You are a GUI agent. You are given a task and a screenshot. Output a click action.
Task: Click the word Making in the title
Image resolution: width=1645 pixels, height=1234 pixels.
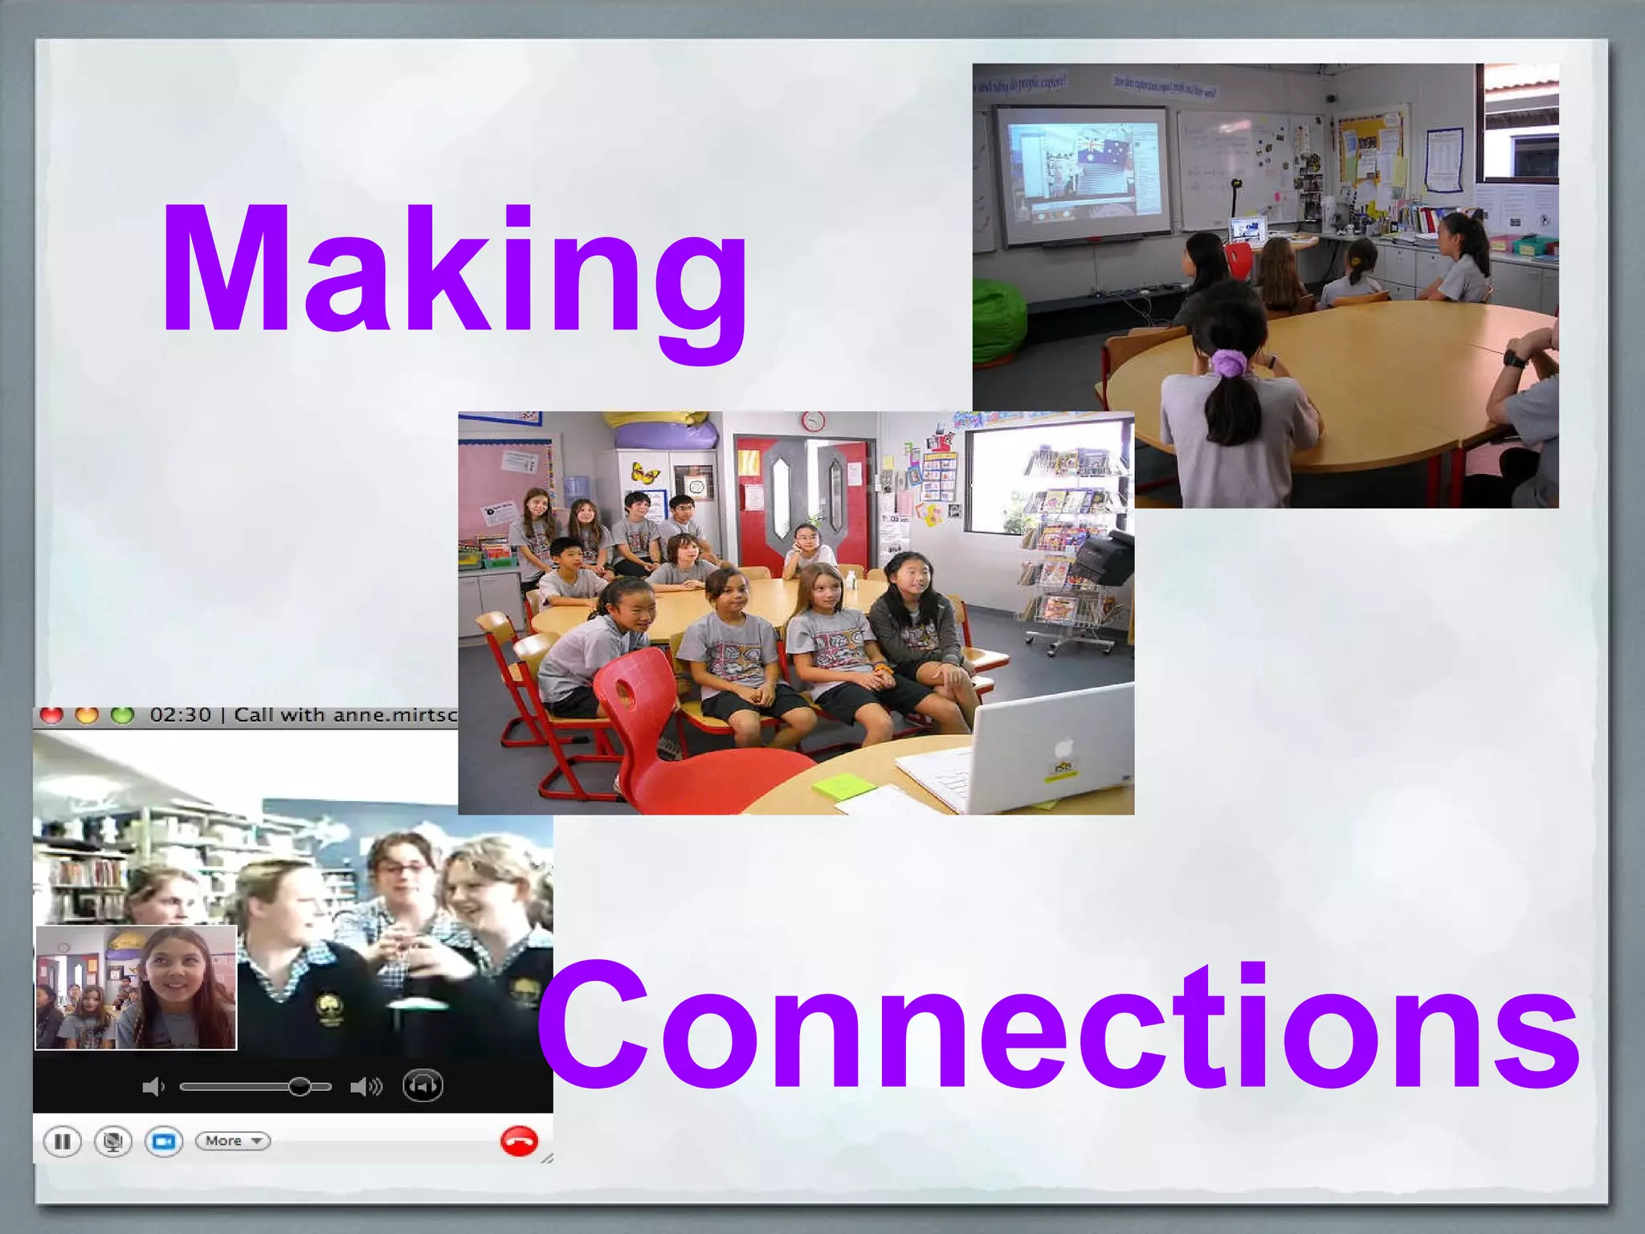tap(455, 273)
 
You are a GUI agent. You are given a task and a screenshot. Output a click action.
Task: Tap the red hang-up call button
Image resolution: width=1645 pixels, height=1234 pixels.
tap(519, 1141)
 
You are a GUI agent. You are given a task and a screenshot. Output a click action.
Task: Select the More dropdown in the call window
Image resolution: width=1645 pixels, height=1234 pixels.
tap(233, 1141)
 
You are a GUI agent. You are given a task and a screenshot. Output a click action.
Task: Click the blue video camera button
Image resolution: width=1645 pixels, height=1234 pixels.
tap(164, 1142)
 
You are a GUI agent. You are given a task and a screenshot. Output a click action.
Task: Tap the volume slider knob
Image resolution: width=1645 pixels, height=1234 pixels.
tap(300, 1087)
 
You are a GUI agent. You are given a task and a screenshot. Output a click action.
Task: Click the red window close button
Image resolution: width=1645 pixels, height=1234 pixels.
tap(51, 715)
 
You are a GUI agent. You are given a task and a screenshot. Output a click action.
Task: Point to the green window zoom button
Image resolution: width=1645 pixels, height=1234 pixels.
tap(122, 715)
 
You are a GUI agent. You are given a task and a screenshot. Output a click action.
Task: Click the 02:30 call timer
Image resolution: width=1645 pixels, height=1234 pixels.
tap(180, 715)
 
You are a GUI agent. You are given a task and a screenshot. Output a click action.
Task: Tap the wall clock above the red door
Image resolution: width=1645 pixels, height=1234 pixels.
tap(813, 421)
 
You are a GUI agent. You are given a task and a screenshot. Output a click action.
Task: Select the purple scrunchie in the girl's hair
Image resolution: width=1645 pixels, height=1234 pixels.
tap(1227, 363)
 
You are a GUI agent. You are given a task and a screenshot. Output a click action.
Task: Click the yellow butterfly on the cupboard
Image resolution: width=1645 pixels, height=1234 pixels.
tap(644, 472)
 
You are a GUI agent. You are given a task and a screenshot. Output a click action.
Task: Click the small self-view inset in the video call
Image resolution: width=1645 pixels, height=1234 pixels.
tap(136, 987)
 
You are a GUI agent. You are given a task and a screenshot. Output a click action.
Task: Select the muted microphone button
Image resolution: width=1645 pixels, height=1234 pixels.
tap(113, 1142)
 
